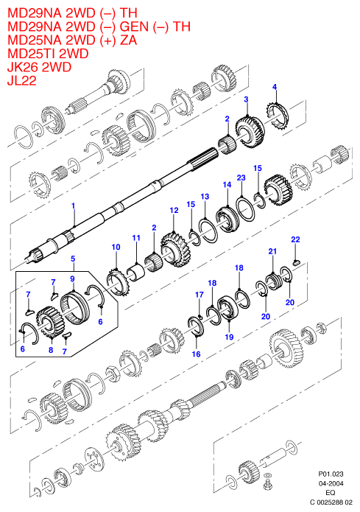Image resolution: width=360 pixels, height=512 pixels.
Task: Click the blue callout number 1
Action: tap(73, 206)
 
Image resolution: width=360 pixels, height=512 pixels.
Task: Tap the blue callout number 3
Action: tap(246, 99)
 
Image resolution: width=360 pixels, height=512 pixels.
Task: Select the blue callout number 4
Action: tap(275, 87)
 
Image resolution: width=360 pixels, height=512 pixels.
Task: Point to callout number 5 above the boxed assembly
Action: tap(73, 259)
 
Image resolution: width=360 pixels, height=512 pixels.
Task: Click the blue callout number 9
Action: tap(72, 278)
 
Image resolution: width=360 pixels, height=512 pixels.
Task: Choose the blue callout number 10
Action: tap(116, 248)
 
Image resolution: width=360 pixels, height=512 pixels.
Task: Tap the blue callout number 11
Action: tap(136, 238)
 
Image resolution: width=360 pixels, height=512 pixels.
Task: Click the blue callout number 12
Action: tap(174, 210)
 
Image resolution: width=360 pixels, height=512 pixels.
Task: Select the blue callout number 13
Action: tap(205, 197)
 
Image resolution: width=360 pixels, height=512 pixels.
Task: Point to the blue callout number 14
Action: tap(227, 185)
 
